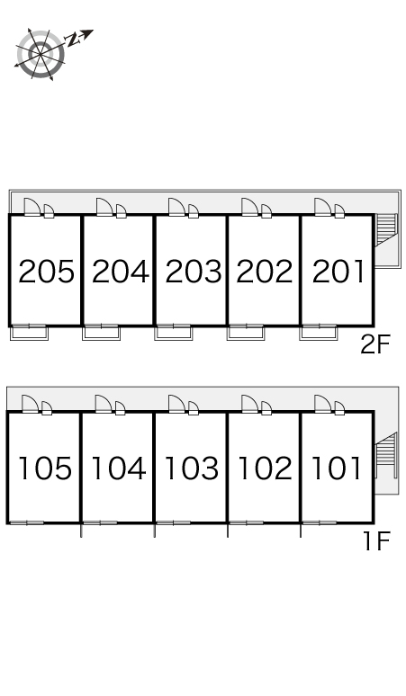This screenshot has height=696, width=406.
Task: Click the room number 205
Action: click(x=46, y=272)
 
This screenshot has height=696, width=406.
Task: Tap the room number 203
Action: click(x=194, y=272)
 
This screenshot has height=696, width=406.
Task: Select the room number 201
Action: click(x=338, y=272)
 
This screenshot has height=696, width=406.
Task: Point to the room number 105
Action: click(x=45, y=468)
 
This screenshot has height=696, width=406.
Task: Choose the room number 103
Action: click(x=192, y=468)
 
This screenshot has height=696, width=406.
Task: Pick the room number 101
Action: click(x=337, y=468)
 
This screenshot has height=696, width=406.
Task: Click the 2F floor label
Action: click(x=374, y=344)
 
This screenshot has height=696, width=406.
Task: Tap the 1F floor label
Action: click(x=376, y=540)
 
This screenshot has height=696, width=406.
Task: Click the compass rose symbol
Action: click(x=41, y=54)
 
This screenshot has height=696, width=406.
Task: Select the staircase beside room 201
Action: click(x=385, y=229)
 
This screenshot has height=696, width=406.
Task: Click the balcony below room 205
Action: click(x=30, y=332)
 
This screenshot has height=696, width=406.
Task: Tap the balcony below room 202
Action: click(x=246, y=332)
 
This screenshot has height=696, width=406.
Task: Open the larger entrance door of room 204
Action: click(x=104, y=207)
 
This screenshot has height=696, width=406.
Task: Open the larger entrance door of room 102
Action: click(x=249, y=404)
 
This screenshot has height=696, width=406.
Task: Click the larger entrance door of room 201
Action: click(x=322, y=207)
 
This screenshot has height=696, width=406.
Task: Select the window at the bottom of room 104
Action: click(x=100, y=522)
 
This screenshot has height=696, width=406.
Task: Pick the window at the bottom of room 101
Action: click(x=320, y=522)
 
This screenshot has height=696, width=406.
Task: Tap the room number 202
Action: click(x=265, y=272)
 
